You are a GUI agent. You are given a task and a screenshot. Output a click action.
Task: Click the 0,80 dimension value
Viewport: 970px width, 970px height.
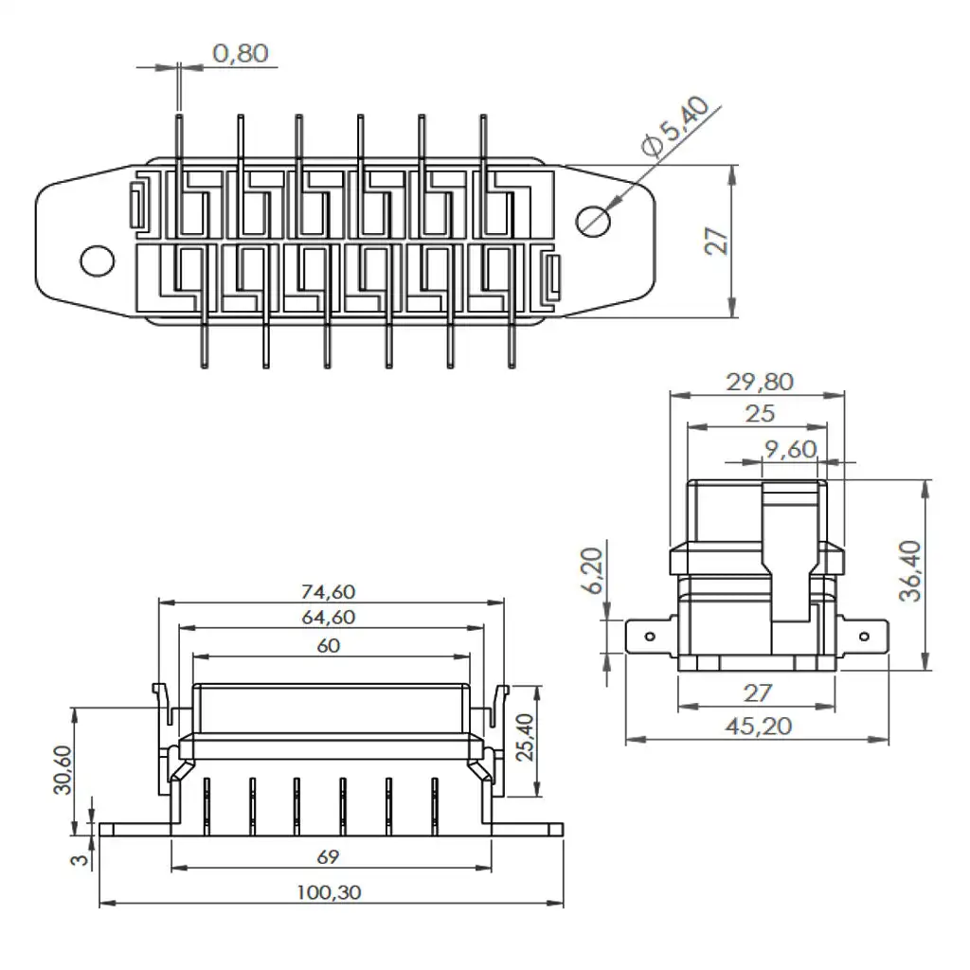click(240, 53)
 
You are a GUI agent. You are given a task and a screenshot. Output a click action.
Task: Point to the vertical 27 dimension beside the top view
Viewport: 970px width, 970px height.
click(719, 242)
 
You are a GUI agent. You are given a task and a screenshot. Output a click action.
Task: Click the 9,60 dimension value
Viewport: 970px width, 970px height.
click(789, 449)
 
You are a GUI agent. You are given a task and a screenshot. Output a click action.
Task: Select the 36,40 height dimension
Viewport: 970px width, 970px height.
click(910, 573)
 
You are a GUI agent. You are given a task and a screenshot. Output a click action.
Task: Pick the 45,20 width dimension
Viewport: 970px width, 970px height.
click(758, 726)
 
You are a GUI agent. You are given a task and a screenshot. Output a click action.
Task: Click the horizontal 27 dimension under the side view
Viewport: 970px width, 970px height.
click(757, 693)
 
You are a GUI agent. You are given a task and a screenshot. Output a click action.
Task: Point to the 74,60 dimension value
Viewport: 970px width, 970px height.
click(328, 591)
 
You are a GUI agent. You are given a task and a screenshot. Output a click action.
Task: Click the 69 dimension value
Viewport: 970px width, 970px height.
click(328, 856)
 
